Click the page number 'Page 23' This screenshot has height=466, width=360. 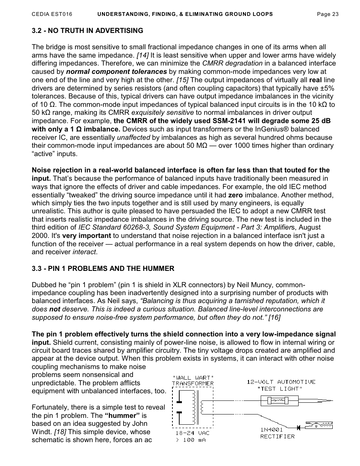pos(327,14)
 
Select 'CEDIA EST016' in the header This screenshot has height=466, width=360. pos(52,14)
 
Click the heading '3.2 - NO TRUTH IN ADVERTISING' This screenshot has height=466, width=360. pos(88,30)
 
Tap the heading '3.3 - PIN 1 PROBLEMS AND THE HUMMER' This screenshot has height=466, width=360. pos(103,269)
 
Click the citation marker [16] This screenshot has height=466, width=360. pos(274,317)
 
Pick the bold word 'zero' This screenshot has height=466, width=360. pos(235,195)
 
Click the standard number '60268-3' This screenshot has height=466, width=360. pos(139,227)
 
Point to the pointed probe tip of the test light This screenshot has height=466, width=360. pos(326,400)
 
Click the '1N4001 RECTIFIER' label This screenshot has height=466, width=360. pos(277,433)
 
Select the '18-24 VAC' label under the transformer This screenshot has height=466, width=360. pos(192,433)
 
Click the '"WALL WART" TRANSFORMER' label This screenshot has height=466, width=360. pos(193,380)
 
